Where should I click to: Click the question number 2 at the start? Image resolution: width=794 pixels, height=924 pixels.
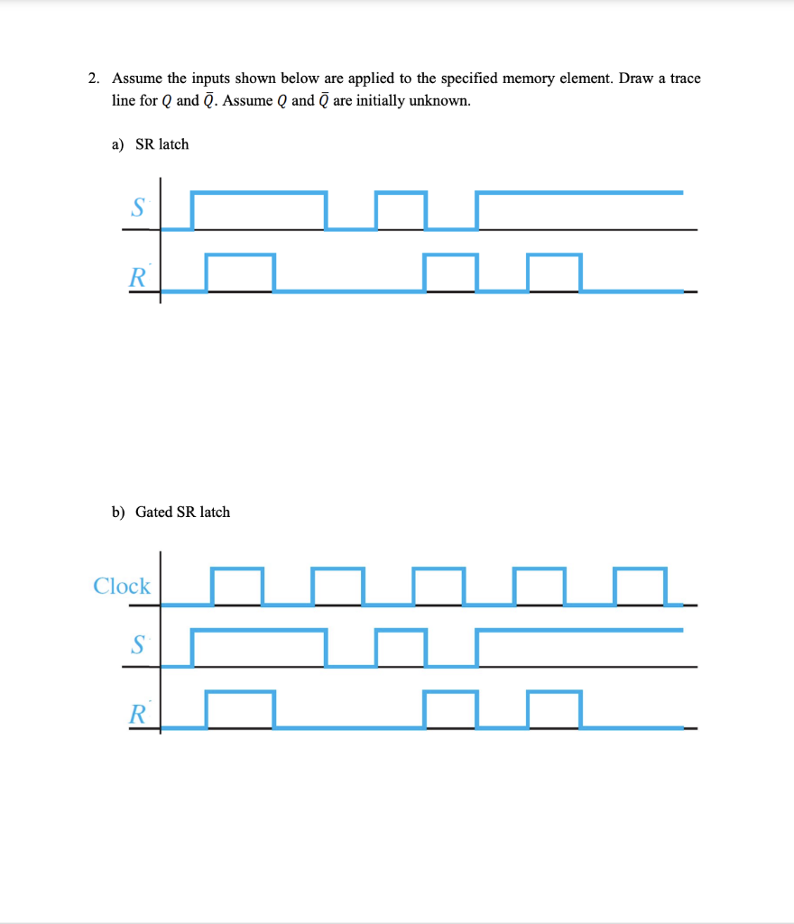tap(93, 79)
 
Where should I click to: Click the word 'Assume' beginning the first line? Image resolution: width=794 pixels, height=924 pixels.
tap(135, 79)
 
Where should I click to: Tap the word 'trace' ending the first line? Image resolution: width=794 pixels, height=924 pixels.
tap(685, 79)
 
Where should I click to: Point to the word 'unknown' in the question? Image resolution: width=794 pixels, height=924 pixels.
tap(439, 100)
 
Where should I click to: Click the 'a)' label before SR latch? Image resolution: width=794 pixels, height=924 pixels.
tap(119, 144)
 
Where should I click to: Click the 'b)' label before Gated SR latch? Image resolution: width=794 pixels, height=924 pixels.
tap(119, 512)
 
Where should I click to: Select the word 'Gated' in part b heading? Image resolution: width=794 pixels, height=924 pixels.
tap(154, 512)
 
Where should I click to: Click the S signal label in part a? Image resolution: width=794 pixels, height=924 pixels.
tap(137, 208)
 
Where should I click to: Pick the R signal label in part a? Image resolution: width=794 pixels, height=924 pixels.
tap(137, 276)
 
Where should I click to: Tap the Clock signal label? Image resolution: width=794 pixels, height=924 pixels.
tap(122, 587)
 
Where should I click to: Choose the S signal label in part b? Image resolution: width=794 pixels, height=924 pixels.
tap(137, 644)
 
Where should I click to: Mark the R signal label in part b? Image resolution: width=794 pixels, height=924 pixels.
tap(137, 716)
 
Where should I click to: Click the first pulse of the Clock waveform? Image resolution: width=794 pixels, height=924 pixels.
tap(237, 586)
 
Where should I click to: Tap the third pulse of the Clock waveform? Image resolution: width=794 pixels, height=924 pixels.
tap(439, 586)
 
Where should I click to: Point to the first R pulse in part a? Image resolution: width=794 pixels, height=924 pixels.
tap(240, 273)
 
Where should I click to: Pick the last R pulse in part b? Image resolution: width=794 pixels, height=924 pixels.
tap(554, 709)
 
